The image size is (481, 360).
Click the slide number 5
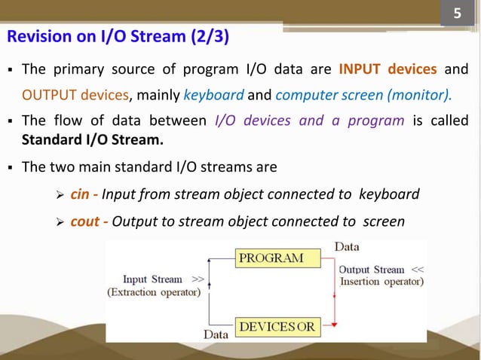pyautogui.click(x=456, y=14)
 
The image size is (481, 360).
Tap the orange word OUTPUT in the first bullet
pyautogui.click(x=47, y=96)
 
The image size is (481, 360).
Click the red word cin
pyautogui.click(x=80, y=195)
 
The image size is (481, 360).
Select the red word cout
pyautogui.click(x=84, y=221)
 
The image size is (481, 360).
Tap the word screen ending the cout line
pyautogui.click(x=384, y=221)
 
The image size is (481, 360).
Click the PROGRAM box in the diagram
pyautogui.click(x=271, y=258)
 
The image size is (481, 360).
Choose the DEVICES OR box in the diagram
pyautogui.click(x=277, y=328)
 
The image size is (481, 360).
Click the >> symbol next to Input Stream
pyautogui.click(x=198, y=279)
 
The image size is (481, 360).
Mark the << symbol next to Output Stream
pyautogui.click(x=418, y=269)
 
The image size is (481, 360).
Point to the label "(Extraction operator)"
pyautogui.click(x=154, y=292)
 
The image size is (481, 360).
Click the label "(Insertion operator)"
pyautogui.click(x=381, y=282)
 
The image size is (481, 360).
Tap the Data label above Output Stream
pyautogui.click(x=347, y=246)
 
